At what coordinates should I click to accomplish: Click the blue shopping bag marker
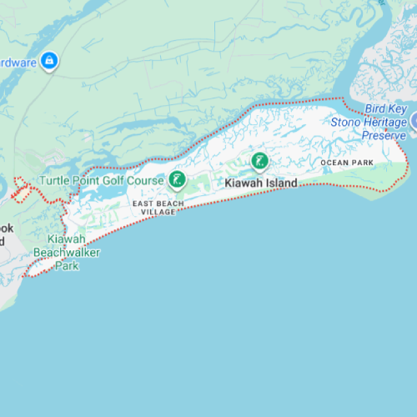click(50, 60)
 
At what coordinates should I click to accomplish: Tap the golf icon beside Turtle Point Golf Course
click(177, 178)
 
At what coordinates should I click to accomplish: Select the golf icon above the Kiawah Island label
click(259, 160)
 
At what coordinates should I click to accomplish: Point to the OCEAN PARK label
click(347, 161)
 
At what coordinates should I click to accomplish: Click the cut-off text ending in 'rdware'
click(17, 63)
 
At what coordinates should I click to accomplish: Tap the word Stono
click(346, 122)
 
